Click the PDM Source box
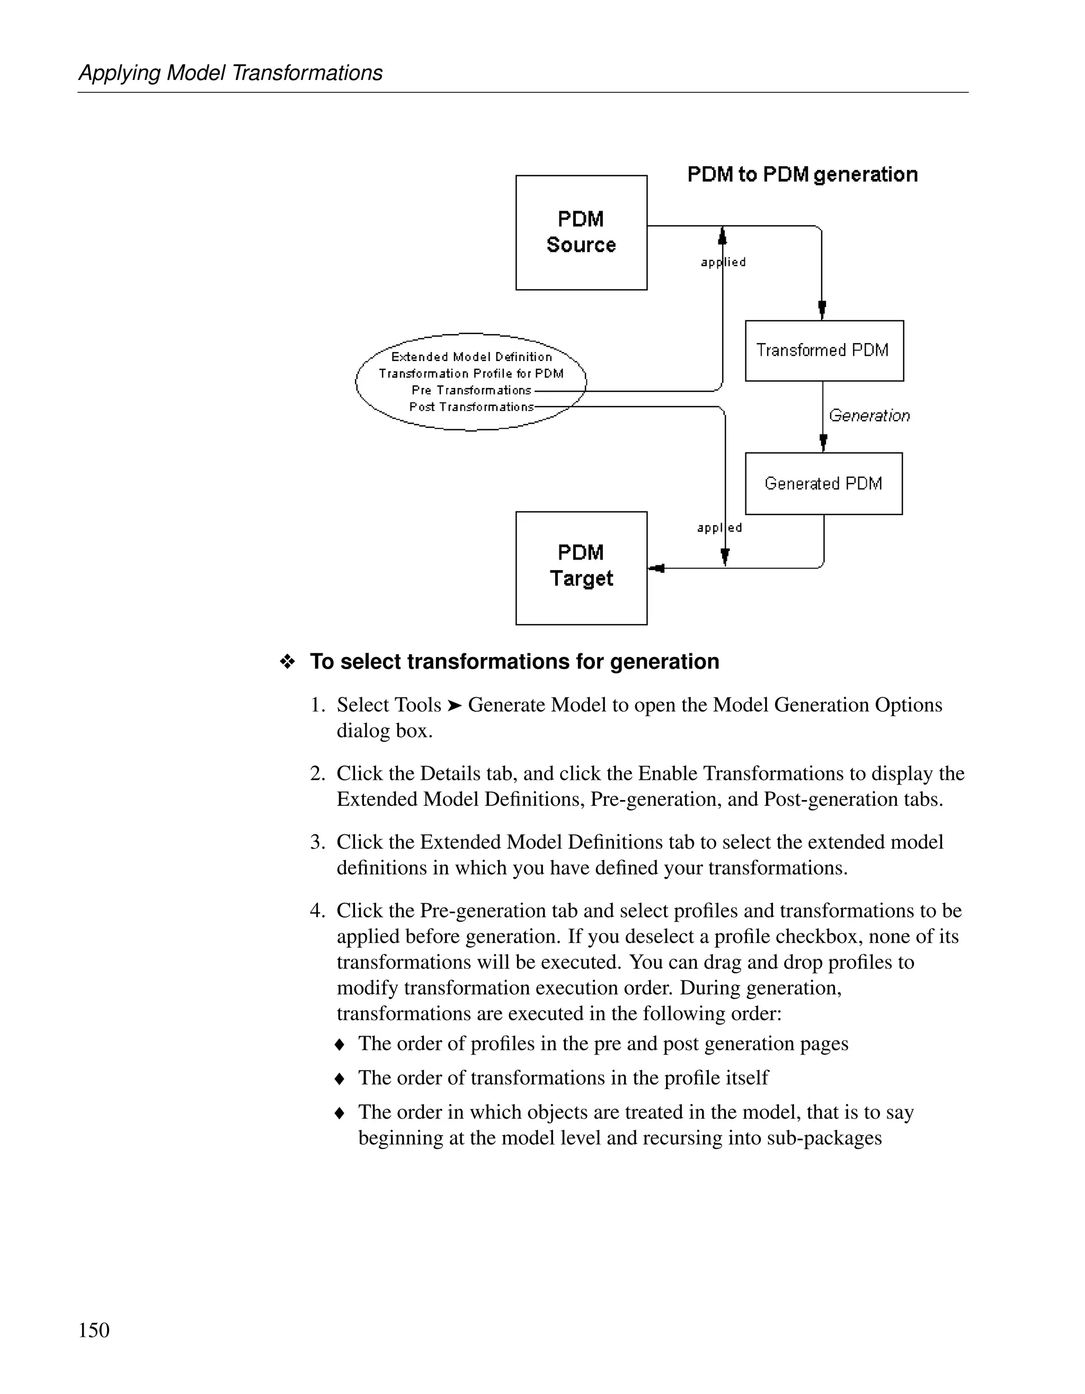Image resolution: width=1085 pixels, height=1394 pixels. (x=581, y=232)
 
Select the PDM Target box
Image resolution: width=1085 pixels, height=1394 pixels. (x=581, y=568)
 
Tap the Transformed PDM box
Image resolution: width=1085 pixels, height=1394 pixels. (x=824, y=350)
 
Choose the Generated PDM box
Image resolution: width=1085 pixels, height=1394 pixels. (x=824, y=484)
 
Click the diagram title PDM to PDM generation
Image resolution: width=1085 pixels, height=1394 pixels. (x=802, y=175)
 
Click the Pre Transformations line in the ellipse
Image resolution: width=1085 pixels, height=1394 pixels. (x=472, y=391)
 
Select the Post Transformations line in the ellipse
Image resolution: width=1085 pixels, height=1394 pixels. (x=472, y=407)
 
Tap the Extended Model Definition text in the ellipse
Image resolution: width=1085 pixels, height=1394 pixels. (x=472, y=357)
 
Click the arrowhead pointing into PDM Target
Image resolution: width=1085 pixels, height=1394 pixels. (x=656, y=568)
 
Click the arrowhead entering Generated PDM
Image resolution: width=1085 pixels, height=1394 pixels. (x=823, y=442)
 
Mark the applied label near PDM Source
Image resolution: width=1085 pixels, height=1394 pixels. (x=723, y=262)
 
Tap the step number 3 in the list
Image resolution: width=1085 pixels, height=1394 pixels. (x=317, y=842)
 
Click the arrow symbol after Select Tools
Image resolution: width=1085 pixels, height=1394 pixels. (x=454, y=705)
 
